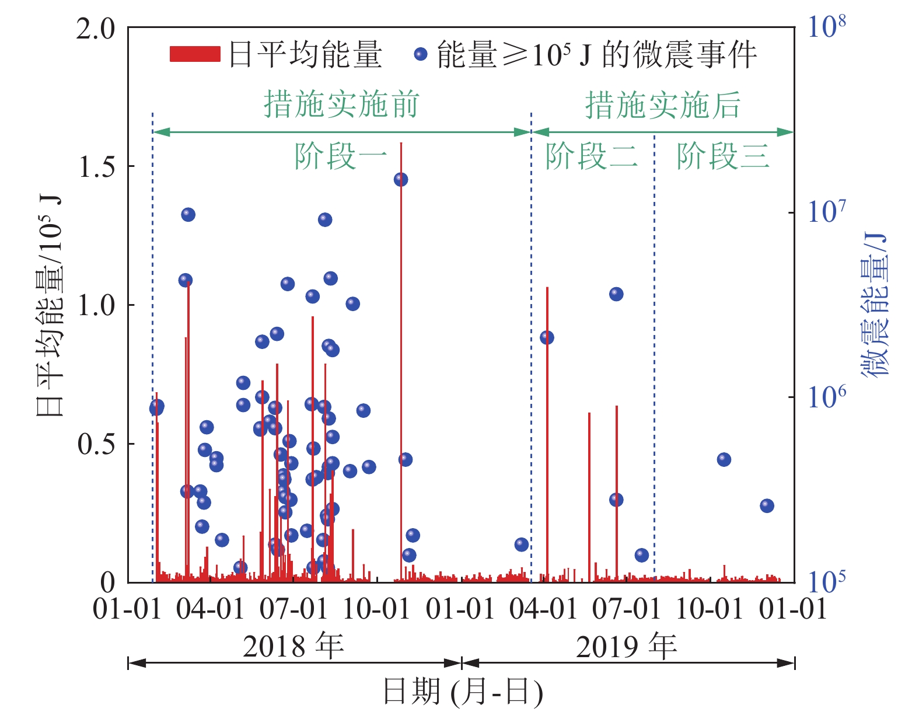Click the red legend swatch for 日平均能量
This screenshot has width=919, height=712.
point(194,54)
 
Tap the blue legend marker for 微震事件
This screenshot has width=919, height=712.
point(420,54)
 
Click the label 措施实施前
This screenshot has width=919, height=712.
point(341,104)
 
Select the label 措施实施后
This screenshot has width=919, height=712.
point(663,105)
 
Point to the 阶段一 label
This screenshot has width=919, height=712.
point(341,156)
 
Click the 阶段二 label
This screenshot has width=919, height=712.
point(592,156)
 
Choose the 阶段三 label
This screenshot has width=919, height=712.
point(723,156)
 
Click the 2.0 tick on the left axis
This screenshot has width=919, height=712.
point(96,28)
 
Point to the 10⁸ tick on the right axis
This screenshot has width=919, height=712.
point(826,27)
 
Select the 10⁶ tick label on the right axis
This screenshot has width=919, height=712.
point(826,397)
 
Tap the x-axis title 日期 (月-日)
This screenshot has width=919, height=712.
point(462,692)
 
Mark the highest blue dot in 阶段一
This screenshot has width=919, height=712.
point(400,179)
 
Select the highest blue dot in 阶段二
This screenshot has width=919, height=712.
point(616,294)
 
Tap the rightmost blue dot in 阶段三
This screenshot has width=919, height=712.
point(767,505)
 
